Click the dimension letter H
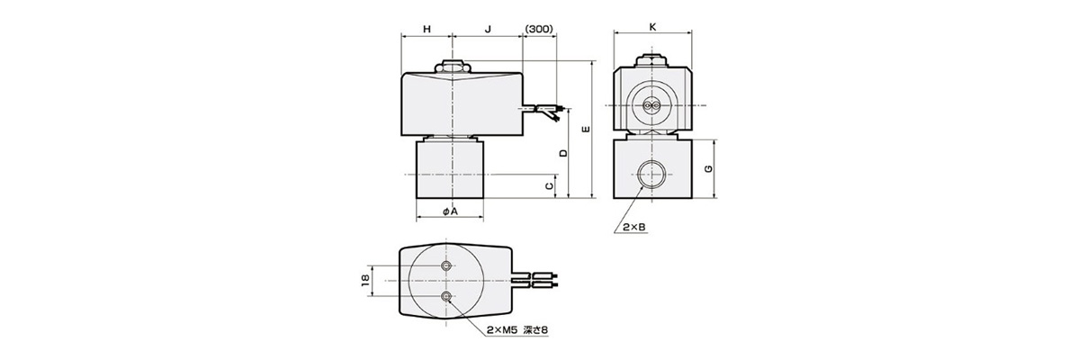(x=427, y=29)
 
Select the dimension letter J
(x=487, y=29)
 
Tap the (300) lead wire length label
(x=538, y=29)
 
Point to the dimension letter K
(x=651, y=26)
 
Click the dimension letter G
(x=709, y=169)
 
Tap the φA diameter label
(x=451, y=211)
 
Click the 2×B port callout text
(x=634, y=229)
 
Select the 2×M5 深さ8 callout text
(x=517, y=330)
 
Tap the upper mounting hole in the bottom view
(x=447, y=266)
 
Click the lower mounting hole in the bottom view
(x=447, y=295)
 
